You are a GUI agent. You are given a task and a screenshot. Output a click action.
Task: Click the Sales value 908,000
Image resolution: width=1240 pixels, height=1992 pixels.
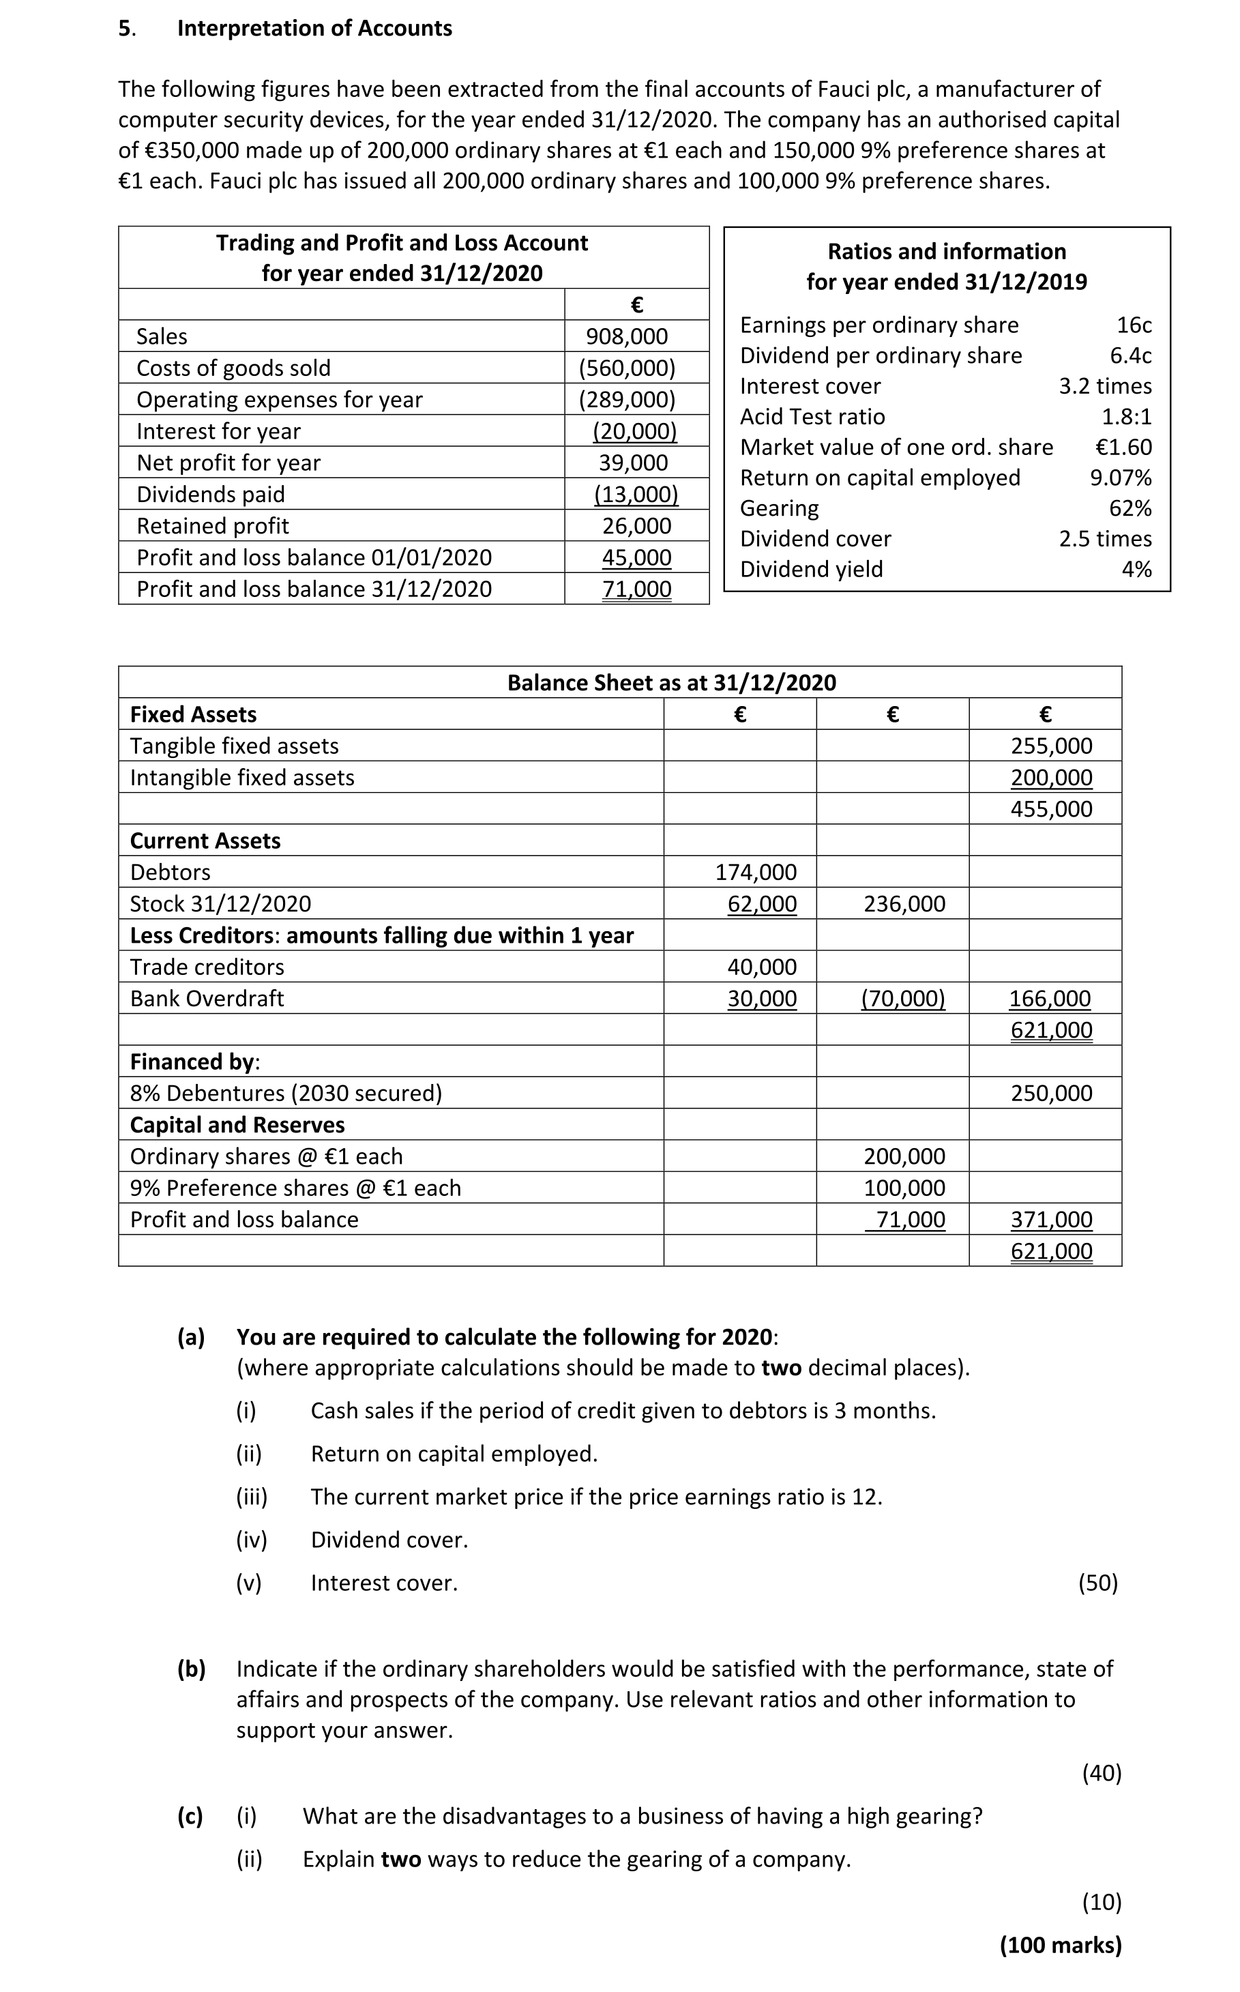(627, 336)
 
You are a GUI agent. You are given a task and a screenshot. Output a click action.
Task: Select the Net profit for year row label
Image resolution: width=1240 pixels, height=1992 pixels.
(228, 463)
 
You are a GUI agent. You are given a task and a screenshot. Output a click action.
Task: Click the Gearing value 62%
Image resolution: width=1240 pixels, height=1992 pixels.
(1130, 508)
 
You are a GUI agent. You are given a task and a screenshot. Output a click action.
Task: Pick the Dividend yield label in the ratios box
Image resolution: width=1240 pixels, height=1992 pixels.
(811, 569)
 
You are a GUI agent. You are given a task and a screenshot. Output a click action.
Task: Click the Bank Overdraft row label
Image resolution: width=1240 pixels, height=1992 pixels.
(207, 998)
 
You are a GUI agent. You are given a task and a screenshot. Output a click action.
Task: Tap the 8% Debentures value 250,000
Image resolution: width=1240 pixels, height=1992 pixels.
(1051, 1092)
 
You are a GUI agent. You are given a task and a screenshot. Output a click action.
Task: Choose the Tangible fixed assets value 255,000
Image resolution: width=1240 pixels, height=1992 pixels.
(1051, 746)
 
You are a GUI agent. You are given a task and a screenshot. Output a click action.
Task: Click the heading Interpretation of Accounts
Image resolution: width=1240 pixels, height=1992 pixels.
(314, 28)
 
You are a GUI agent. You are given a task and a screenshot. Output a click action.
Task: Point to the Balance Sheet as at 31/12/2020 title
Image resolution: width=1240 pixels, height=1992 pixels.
(672, 682)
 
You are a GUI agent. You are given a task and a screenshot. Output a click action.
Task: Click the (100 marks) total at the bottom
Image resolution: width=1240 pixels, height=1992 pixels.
(1061, 1944)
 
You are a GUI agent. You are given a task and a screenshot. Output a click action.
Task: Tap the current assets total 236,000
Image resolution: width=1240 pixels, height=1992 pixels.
(904, 904)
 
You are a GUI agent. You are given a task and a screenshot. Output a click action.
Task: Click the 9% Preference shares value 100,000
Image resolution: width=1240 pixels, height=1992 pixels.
(904, 1188)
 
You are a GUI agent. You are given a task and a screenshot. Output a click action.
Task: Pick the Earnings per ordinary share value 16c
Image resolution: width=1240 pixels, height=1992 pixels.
(1134, 325)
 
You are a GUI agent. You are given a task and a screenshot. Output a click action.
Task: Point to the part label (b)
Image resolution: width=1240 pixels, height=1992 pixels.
(192, 1669)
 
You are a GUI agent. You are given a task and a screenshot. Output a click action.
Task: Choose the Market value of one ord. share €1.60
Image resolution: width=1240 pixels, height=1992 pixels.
(1123, 447)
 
